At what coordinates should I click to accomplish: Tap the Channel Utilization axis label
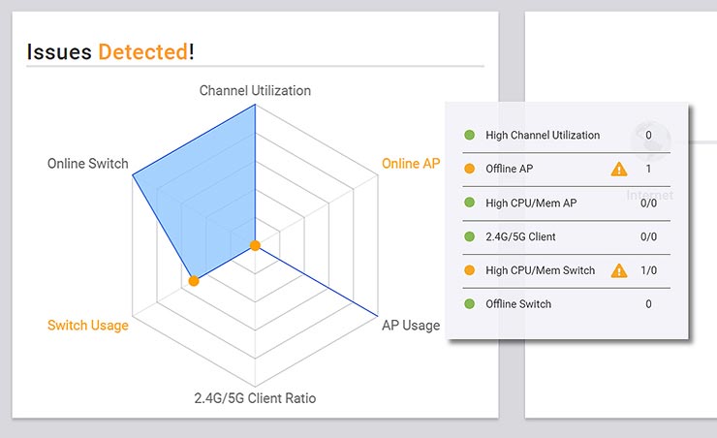coord(255,90)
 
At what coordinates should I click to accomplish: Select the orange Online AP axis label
coord(410,163)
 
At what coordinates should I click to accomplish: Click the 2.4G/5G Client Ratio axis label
coord(255,397)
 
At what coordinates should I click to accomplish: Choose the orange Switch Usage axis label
coord(88,325)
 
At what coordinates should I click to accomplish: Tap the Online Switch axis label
coord(88,164)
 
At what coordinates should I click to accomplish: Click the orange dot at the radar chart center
coord(255,245)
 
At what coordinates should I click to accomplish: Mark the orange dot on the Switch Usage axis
coord(194,280)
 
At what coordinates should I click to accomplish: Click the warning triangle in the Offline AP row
coord(619,170)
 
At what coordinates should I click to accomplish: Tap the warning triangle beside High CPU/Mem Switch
coord(619,270)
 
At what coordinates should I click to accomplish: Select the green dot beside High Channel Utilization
coord(470,136)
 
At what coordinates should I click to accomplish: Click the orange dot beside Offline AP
coord(470,170)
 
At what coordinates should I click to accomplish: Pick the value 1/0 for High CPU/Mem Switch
coord(648,270)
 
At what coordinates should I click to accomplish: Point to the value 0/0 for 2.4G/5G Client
coord(648,236)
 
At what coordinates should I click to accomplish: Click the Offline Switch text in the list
coord(518,304)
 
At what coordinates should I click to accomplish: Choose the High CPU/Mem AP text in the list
coord(531,203)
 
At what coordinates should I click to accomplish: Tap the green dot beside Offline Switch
coord(470,304)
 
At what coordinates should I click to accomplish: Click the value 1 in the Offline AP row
coord(648,170)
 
